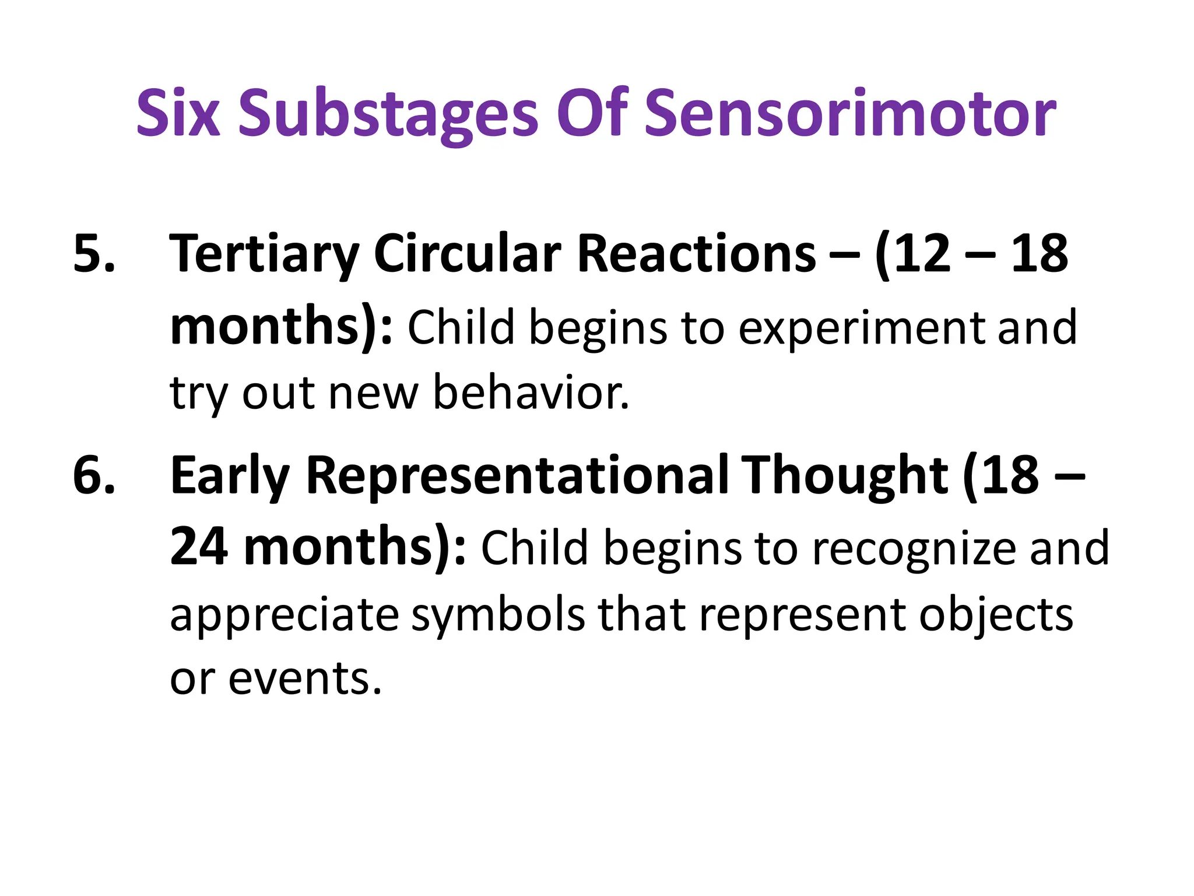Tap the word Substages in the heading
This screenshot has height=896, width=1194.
tap(388, 114)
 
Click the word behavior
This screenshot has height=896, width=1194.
tap(531, 393)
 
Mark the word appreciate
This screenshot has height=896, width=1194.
tap(284, 615)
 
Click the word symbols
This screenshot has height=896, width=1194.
tap(498, 615)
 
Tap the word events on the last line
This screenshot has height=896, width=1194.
tap(304, 679)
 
